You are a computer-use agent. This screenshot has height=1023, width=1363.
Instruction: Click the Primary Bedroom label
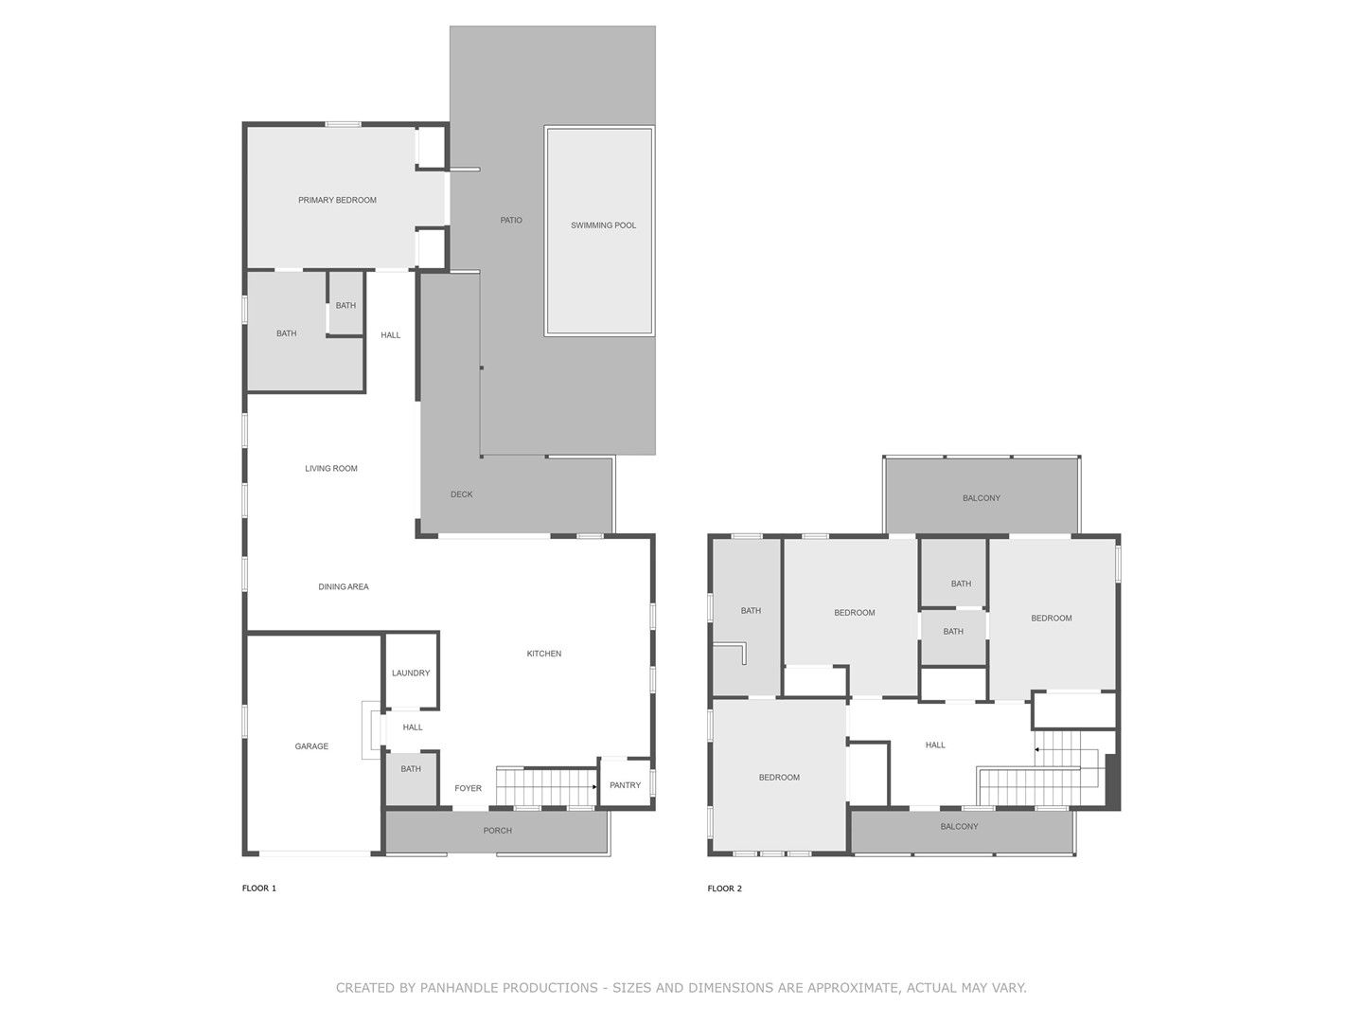coord(337,200)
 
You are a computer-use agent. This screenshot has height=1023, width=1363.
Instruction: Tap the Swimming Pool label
coord(603,225)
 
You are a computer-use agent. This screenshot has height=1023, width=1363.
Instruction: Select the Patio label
coord(511,220)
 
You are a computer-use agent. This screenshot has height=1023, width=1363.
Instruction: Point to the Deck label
coord(461,494)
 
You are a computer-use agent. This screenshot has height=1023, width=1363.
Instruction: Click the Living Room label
coord(331,468)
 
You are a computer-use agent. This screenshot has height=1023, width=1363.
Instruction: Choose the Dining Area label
coord(344,586)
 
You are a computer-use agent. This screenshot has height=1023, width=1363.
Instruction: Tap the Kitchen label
coord(544,654)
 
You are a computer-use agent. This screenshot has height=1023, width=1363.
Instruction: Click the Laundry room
coord(411,672)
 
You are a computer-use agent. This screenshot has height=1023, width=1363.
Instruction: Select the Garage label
coord(311,746)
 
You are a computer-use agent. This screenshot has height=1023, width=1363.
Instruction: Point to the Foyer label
coord(468,788)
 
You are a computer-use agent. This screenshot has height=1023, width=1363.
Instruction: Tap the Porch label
coord(497,831)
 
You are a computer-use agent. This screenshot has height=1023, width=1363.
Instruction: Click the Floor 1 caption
coord(259,888)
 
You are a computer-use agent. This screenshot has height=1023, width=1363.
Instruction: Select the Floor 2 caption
coord(725,888)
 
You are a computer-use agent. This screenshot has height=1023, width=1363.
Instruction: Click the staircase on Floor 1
coord(546,787)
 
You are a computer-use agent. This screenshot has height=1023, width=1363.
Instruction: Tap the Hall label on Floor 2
coord(935,745)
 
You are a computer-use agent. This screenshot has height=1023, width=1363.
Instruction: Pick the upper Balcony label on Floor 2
coord(982,498)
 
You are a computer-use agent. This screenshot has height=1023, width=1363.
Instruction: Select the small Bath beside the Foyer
coord(411,779)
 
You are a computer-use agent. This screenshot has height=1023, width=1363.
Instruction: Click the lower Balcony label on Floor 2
coord(959,827)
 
